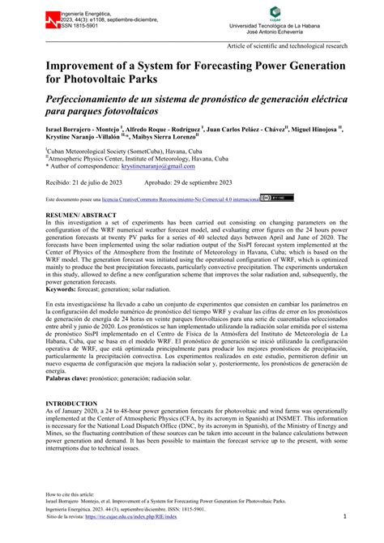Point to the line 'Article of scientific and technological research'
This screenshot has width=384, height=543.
click(288, 47)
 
